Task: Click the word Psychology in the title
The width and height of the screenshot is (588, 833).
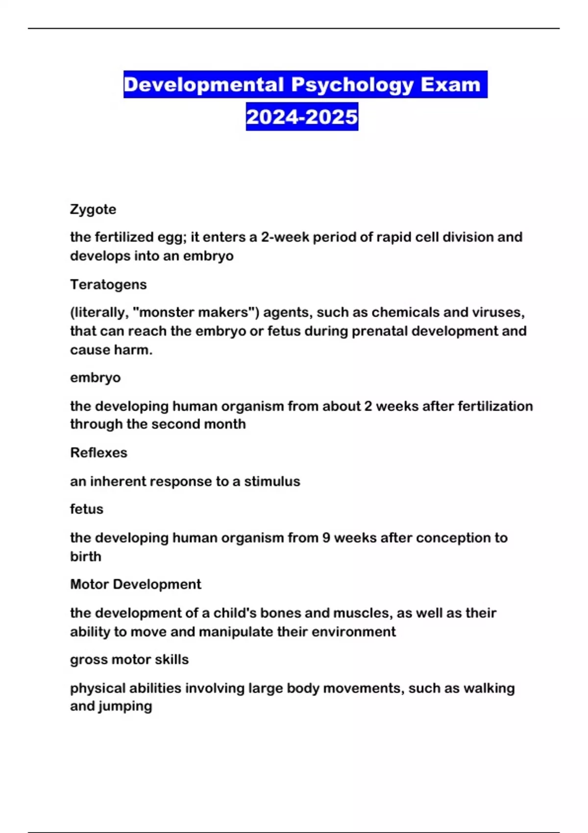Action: (x=352, y=85)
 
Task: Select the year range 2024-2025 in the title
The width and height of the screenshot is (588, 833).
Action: (x=302, y=117)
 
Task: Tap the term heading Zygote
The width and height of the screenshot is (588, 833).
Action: (x=93, y=209)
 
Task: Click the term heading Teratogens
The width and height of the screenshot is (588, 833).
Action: (x=108, y=284)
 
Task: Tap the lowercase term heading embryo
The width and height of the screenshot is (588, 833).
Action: (x=95, y=377)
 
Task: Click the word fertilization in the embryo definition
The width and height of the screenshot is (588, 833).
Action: (x=495, y=406)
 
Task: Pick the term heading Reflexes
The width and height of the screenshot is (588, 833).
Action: (x=98, y=452)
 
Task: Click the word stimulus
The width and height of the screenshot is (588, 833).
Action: (x=272, y=481)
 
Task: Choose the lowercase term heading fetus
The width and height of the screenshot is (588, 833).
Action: (x=87, y=509)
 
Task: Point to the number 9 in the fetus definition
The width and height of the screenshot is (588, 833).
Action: (x=326, y=538)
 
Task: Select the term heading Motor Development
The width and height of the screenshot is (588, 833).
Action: (x=136, y=584)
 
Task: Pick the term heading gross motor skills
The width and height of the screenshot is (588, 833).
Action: (x=129, y=660)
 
